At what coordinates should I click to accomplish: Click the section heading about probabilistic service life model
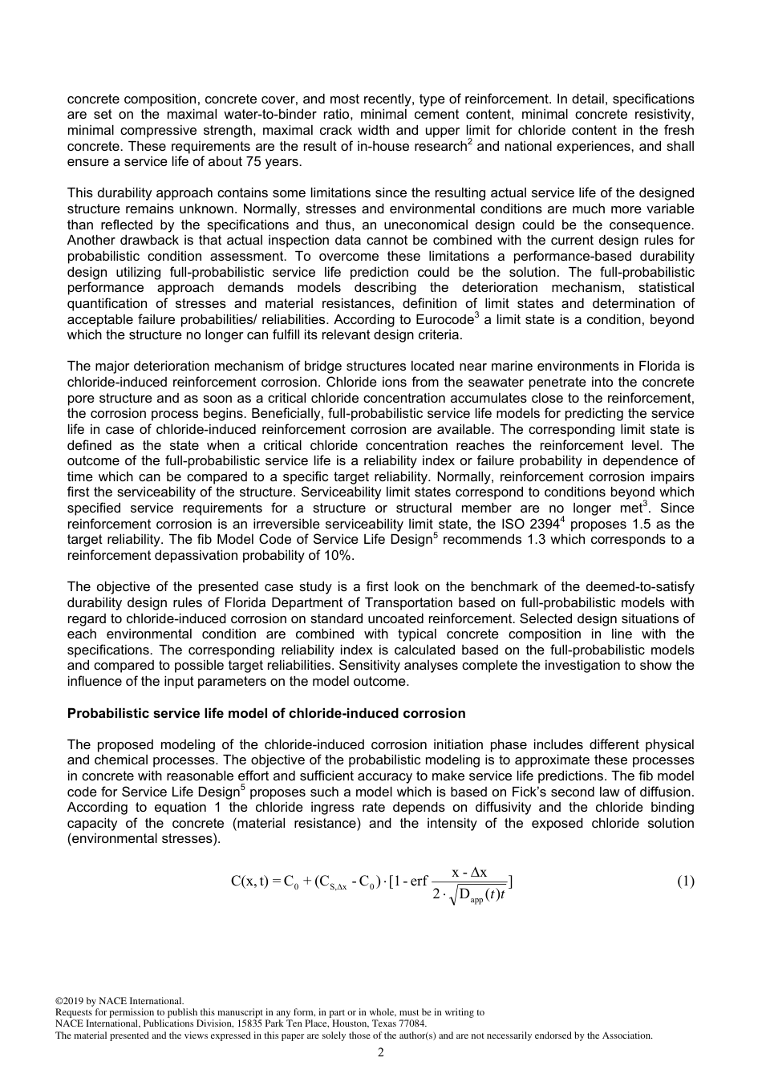[x=265, y=713]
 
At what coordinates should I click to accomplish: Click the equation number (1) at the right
[x=685, y=881]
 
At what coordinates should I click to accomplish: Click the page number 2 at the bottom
[x=381, y=1052]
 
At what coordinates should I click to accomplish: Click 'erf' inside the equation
[x=420, y=881]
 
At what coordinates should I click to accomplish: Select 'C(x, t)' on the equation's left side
[x=249, y=881]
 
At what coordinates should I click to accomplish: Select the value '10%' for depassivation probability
[x=330, y=555]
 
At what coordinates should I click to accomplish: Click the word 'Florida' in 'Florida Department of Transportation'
[x=180, y=602]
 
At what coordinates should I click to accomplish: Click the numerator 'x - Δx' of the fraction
[x=469, y=872]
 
